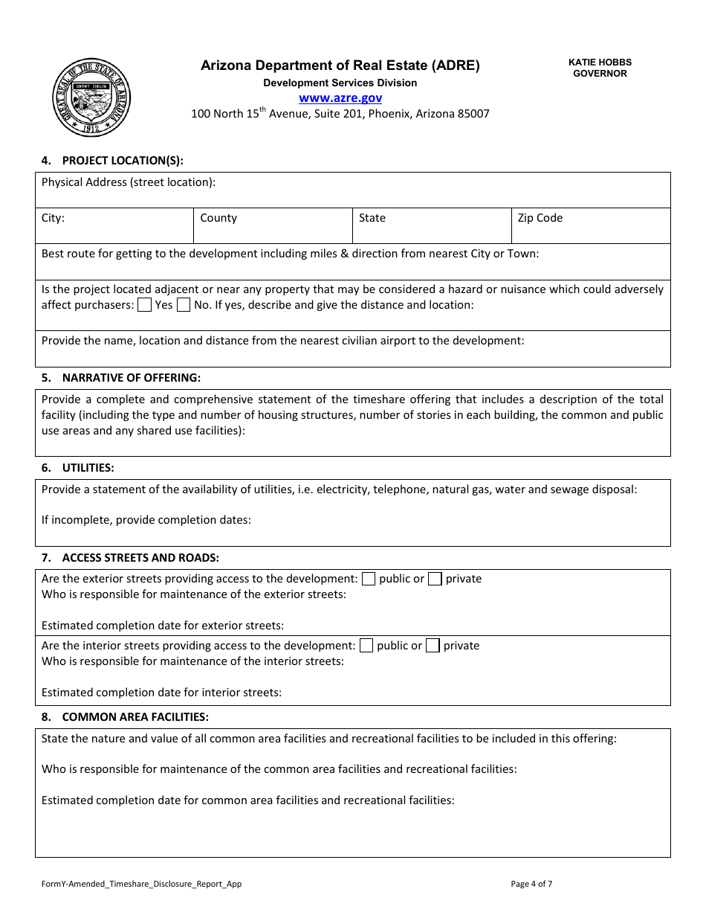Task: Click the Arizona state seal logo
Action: click(91, 97)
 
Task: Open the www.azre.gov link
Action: click(340, 97)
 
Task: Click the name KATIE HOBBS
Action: click(600, 62)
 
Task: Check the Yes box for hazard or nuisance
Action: click(145, 305)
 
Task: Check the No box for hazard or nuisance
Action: click(184, 305)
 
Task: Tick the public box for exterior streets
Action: click(369, 579)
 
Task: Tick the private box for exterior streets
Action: click(435, 579)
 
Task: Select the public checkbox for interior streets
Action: click(366, 646)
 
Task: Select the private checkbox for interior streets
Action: click(433, 646)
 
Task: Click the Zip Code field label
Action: click(540, 218)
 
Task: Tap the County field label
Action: click(218, 218)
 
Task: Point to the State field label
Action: click(372, 218)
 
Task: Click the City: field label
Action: click(53, 218)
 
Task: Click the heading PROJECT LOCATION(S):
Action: click(123, 160)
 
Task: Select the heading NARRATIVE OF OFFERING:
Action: click(131, 378)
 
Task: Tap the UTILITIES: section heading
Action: click(88, 468)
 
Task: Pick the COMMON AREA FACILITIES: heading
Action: click(135, 717)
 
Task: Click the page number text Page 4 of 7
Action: click(531, 884)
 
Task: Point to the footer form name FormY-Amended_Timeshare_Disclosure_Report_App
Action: click(141, 884)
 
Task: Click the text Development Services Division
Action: click(340, 83)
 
